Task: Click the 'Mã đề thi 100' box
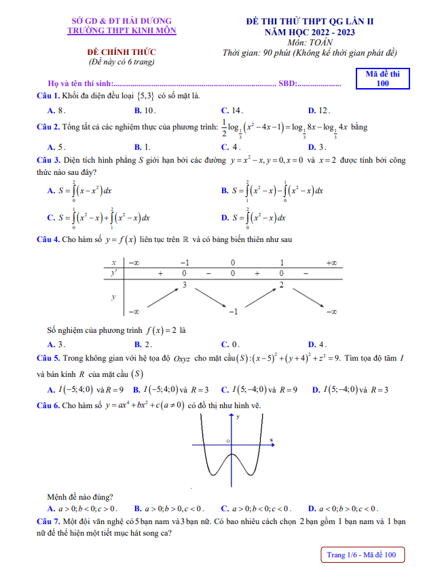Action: pos(382,79)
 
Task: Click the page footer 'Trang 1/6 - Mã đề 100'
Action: pos(365,555)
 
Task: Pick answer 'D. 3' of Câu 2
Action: pos(317,146)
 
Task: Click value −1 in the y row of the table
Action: pos(232,311)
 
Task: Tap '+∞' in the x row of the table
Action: pos(331,262)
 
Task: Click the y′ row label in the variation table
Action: pos(113,272)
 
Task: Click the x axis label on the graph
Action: pos(272,440)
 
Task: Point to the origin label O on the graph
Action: pos(228,441)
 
